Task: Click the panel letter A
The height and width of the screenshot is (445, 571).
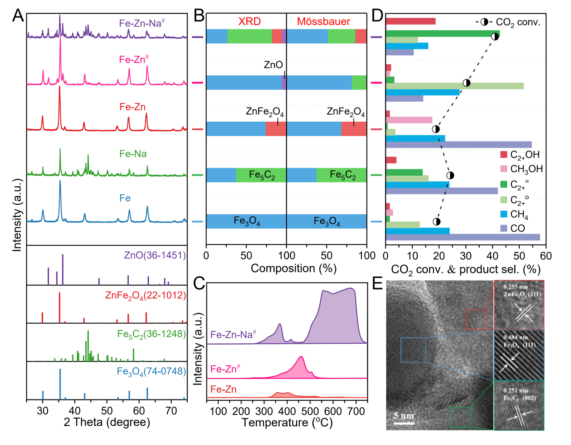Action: [x=18, y=16]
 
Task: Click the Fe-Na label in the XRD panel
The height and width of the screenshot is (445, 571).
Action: [x=133, y=154]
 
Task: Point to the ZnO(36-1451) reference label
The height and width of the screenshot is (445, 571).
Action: [x=155, y=255]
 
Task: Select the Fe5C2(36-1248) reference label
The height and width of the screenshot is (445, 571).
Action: [x=151, y=334]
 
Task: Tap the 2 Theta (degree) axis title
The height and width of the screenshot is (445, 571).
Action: [x=107, y=422]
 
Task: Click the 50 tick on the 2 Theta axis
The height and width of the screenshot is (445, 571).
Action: [x=107, y=411]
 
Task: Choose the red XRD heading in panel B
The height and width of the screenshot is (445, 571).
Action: [x=249, y=21]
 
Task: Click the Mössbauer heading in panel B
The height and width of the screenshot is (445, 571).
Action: [x=323, y=21]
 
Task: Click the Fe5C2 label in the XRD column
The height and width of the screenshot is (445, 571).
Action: [x=262, y=175]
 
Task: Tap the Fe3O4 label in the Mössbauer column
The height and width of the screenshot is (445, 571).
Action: [x=327, y=222]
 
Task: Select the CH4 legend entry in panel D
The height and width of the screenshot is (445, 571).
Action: [x=519, y=214]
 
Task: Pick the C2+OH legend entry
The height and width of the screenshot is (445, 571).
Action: [x=525, y=155]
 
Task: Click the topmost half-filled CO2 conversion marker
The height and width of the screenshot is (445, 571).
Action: [x=495, y=37]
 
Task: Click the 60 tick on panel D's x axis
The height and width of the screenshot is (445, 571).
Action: [x=546, y=256]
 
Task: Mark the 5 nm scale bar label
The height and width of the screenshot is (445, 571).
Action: [x=404, y=416]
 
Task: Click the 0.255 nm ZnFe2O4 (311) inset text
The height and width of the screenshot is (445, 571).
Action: [x=519, y=291]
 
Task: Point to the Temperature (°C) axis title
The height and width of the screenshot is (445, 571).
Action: [x=287, y=422]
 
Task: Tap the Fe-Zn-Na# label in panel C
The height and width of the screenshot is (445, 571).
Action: [x=233, y=334]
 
